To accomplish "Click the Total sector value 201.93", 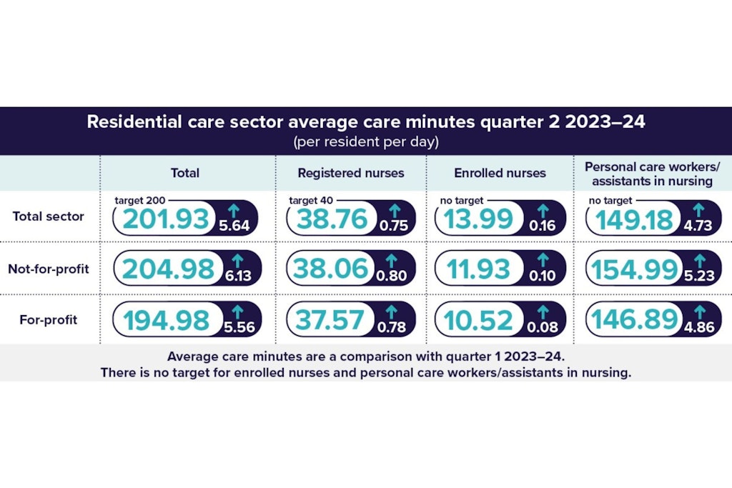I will click(167, 219).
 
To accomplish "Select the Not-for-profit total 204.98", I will click(169, 269).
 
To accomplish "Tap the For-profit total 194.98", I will click(167, 320).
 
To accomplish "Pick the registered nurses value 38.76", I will click(331, 219).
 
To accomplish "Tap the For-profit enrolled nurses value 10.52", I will click(479, 320).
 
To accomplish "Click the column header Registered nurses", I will click(350, 173).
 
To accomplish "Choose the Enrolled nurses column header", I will click(500, 173).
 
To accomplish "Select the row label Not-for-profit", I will click(48, 269).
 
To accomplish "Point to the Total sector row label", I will click(48, 216).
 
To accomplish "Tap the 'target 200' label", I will click(139, 201).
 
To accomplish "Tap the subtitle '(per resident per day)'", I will click(365, 141).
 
